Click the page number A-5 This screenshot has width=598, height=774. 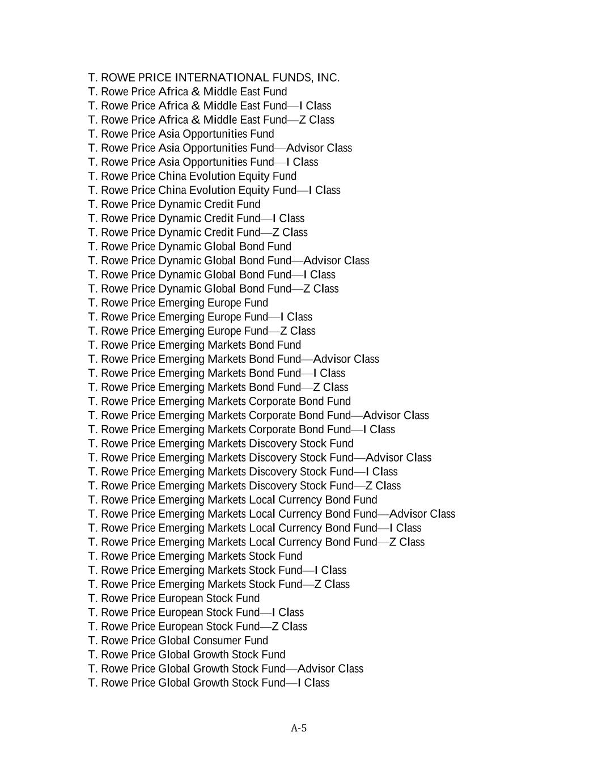299,728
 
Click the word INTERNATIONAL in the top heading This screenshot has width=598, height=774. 222,78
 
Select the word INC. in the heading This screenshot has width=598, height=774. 328,78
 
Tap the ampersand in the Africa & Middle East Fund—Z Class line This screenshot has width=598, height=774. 196,120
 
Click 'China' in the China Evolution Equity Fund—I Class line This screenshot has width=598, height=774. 172,190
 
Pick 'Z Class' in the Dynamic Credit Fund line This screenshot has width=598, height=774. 290,232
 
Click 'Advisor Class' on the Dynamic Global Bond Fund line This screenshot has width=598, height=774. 336,260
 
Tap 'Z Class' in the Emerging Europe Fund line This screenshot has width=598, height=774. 298,331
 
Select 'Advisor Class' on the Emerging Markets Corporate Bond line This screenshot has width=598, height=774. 396,415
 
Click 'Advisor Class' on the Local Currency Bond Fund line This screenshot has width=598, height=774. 422,514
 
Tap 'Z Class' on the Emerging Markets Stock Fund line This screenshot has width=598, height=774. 332,584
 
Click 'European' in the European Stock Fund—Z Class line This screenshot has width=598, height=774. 180,626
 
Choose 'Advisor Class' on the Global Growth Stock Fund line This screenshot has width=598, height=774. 330,669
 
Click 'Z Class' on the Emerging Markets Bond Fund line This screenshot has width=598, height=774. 330,387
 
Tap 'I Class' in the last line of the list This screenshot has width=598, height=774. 313,683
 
